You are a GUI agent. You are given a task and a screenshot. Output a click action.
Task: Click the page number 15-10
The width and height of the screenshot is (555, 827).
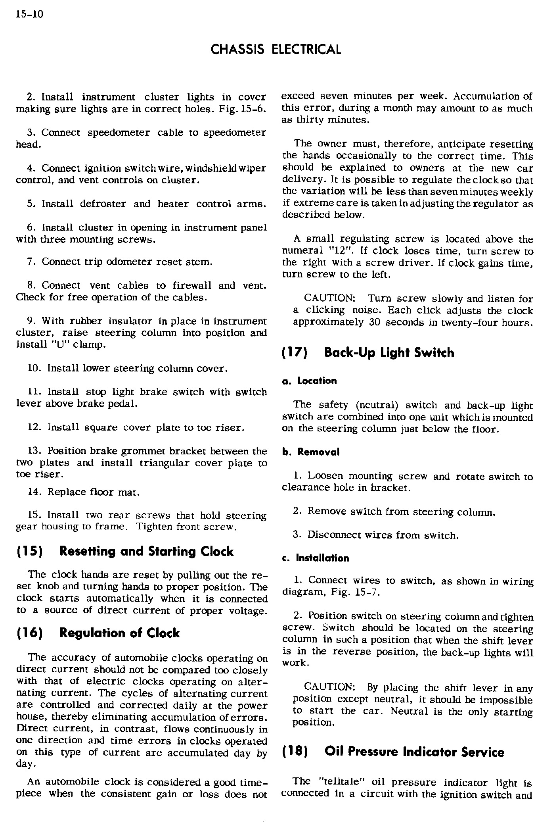pos(29,15)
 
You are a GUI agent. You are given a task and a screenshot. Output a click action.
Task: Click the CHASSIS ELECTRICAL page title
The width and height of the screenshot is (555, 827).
pos(276,49)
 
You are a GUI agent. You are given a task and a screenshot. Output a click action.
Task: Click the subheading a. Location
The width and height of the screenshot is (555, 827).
pos(309,381)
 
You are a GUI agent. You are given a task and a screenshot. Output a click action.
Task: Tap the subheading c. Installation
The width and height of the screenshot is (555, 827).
pos(316,558)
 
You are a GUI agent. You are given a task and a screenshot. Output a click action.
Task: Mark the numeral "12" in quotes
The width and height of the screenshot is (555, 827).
pos(338,251)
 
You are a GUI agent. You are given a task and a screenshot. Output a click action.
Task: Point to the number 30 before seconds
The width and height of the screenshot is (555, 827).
pos(375,322)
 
